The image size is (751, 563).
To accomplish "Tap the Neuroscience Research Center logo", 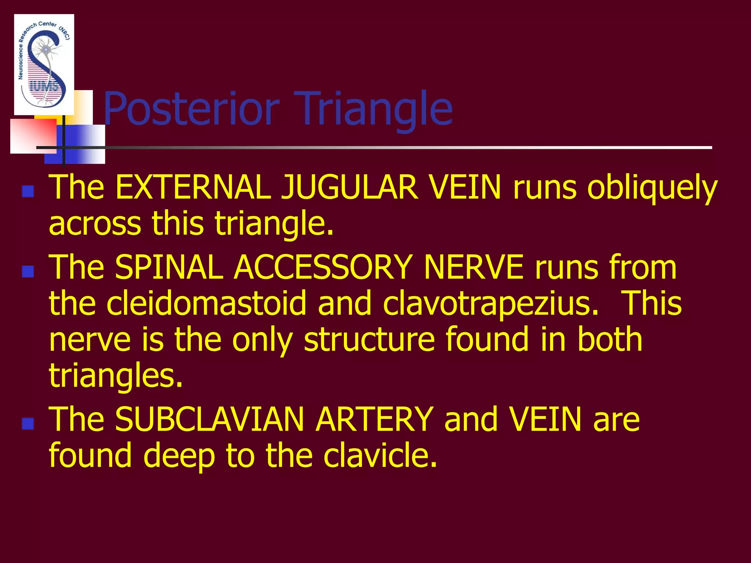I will (44, 64).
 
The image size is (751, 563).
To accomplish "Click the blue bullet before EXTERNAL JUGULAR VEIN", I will (28, 191).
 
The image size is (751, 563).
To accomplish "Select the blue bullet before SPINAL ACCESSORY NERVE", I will (28, 272).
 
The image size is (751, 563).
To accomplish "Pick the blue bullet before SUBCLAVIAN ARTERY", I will (28, 423).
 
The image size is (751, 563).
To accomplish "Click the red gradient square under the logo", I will (33, 136).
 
